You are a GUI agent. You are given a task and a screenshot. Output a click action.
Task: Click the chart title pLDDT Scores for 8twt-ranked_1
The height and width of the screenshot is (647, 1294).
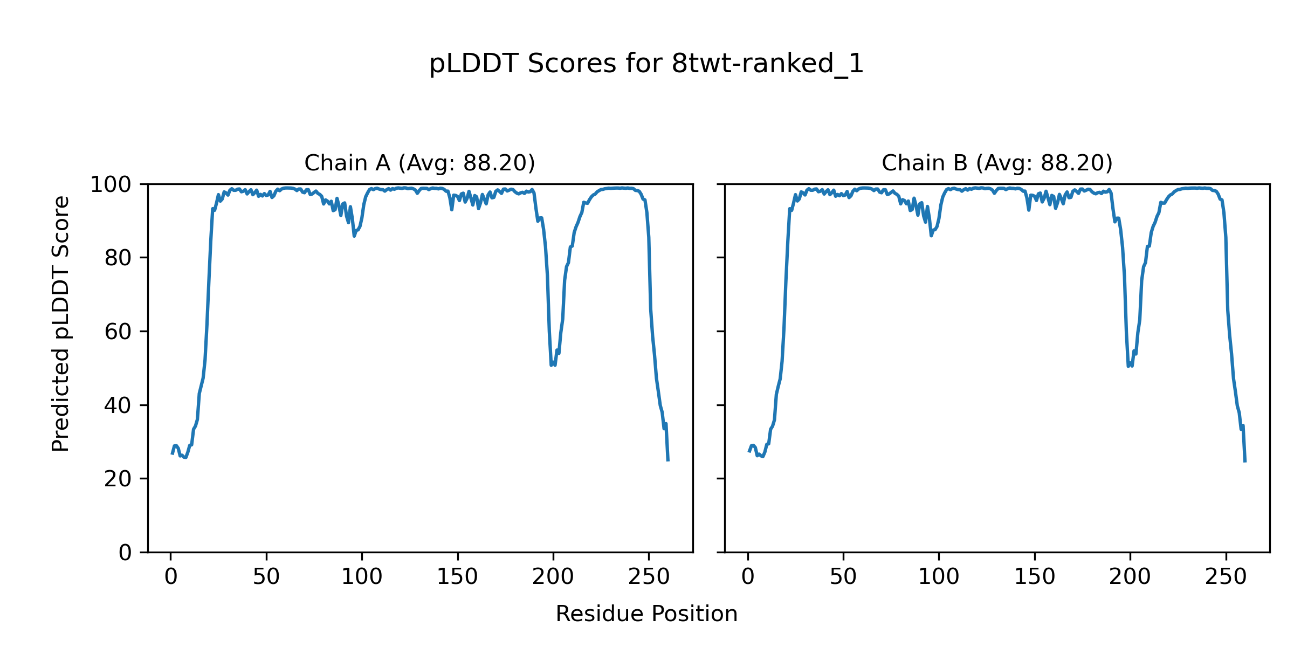click(646, 64)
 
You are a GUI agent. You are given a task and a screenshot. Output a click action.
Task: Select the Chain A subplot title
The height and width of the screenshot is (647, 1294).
click(419, 163)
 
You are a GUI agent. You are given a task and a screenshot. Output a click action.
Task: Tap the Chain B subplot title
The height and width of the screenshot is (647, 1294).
click(997, 163)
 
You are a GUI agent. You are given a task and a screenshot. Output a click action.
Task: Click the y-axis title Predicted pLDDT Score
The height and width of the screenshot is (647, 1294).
click(61, 323)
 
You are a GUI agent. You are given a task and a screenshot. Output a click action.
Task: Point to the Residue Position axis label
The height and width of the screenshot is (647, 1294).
click(646, 614)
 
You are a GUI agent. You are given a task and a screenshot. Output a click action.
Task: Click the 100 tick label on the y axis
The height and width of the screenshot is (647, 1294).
click(111, 185)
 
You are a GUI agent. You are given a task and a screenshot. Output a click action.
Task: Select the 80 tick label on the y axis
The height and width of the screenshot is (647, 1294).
click(118, 258)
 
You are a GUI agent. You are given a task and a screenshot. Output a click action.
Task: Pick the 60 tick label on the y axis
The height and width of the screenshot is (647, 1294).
click(118, 332)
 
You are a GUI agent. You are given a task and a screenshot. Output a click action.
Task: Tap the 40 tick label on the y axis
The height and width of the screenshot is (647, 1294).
click(118, 405)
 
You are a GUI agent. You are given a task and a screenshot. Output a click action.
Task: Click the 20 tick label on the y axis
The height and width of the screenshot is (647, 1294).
click(118, 479)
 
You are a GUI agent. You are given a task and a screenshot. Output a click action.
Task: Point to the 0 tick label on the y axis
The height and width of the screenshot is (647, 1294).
click(125, 553)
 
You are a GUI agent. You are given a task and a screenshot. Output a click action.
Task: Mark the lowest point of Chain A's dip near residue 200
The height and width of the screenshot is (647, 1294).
click(551, 366)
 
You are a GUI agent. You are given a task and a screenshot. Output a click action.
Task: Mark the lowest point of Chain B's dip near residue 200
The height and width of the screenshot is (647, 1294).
click(1128, 367)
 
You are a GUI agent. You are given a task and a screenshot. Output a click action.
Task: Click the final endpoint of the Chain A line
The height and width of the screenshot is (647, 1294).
click(668, 460)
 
